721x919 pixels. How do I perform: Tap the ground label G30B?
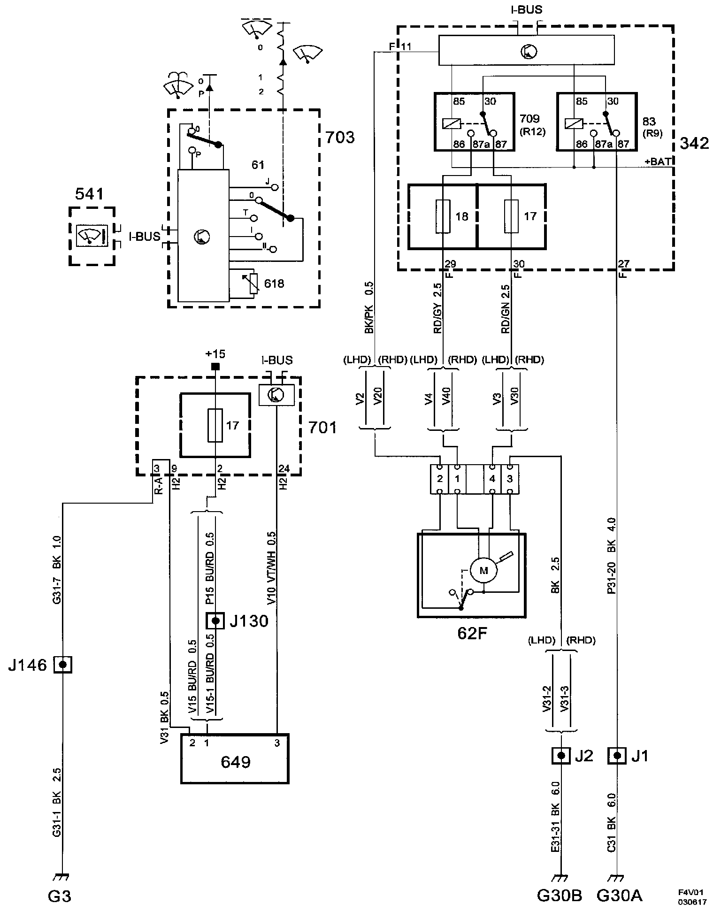click(x=560, y=896)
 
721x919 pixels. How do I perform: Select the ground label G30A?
click(x=619, y=896)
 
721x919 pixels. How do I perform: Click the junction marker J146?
click(x=62, y=665)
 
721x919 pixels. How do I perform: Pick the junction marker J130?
click(x=215, y=621)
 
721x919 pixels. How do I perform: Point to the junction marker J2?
click(x=560, y=756)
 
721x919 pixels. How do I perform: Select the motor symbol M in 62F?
click(x=483, y=571)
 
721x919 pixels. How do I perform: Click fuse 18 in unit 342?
click(x=444, y=216)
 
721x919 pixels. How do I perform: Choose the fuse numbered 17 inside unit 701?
click(x=215, y=425)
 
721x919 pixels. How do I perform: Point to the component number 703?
click(x=340, y=138)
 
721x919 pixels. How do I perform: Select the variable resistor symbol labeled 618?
click(x=254, y=283)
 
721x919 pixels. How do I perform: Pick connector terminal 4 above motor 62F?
click(x=492, y=479)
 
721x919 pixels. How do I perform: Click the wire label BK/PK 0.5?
click(x=368, y=307)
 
